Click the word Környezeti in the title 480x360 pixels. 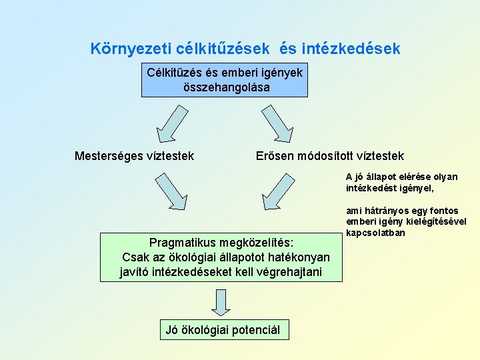(x=131, y=49)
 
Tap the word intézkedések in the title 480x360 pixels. (x=351, y=49)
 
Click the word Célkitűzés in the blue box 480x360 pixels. (x=174, y=72)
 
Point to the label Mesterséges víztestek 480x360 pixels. (x=134, y=156)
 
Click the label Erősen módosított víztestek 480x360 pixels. (x=330, y=156)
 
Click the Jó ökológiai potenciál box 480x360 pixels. (x=223, y=329)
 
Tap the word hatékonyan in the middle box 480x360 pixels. (x=297, y=257)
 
